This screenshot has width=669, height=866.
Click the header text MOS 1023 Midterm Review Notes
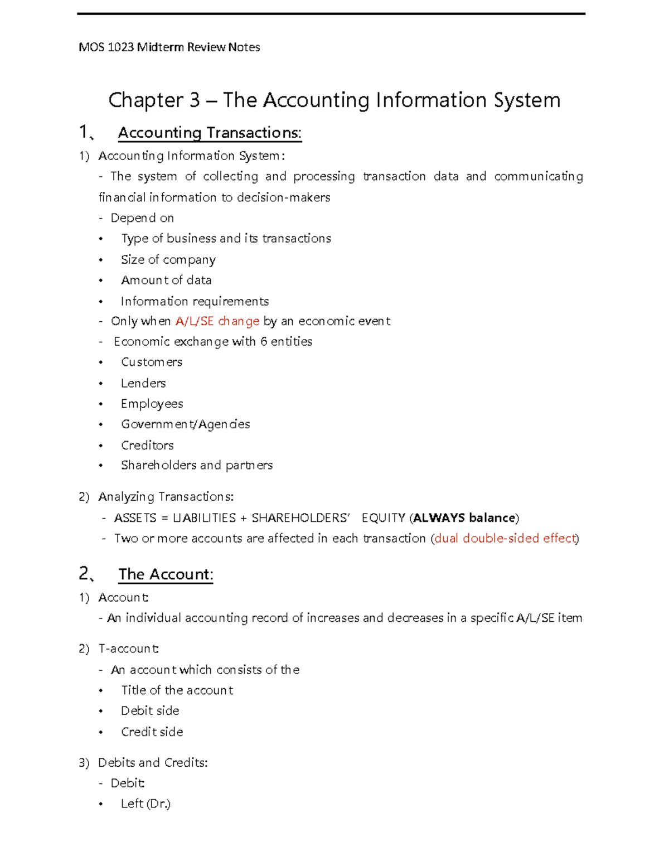point(169,47)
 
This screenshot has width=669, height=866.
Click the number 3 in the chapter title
point(195,100)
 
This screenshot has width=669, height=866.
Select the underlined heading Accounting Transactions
point(210,133)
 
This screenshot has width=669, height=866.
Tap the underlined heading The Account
point(166,574)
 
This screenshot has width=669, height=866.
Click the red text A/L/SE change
point(217,321)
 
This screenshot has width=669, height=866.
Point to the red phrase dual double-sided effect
point(505,538)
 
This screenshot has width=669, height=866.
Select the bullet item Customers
point(152,362)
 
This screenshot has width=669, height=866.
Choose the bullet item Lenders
point(143,383)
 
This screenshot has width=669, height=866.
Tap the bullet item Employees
point(152,404)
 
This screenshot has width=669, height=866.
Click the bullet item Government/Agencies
point(185,424)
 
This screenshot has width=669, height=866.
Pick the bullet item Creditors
point(147,445)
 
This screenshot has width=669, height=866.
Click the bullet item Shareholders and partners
point(196,465)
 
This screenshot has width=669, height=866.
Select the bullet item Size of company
point(168,260)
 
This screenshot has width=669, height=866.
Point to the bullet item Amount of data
point(166,280)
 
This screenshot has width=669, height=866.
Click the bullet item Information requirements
point(195,301)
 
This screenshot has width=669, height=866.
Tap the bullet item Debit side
point(150,710)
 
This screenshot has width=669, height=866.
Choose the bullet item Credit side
point(152,732)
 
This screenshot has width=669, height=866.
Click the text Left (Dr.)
point(146,804)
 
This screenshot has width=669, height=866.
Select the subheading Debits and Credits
point(153,762)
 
